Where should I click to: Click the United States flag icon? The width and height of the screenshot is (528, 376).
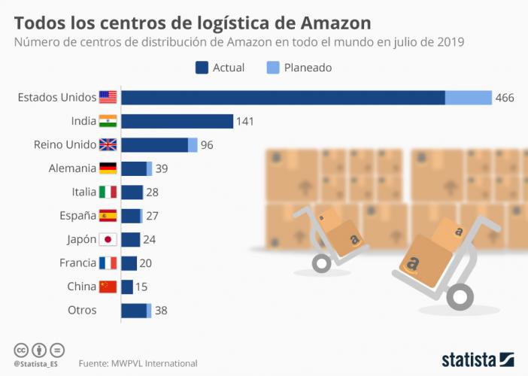pyautogui.click(x=108, y=97)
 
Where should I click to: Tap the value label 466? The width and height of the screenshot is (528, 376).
pyautogui.click(x=505, y=98)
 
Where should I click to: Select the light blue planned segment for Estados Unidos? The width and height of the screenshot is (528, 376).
pyautogui.click(x=468, y=98)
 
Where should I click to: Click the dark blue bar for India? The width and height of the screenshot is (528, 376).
pyautogui.click(x=177, y=121)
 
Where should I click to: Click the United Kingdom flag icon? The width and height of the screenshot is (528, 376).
pyautogui.click(x=108, y=145)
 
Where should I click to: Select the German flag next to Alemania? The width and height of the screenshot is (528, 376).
pyautogui.click(x=108, y=168)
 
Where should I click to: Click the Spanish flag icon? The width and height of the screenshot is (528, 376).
pyautogui.click(x=108, y=216)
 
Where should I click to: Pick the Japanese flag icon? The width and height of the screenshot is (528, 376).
pyautogui.click(x=108, y=239)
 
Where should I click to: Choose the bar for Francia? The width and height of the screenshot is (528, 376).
pyautogui.click(x=129, y=263)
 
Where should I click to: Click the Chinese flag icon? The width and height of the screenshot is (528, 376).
pyautogui.click(x=108, y=287)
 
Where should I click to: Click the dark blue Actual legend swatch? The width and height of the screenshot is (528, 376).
pyautogui.click(x=202, y=68)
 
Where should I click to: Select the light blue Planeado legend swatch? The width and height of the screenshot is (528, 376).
pyautogui.click(x=273, y=68)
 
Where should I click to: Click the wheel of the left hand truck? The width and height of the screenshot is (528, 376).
pyautogui.click(x=321, y=263)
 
